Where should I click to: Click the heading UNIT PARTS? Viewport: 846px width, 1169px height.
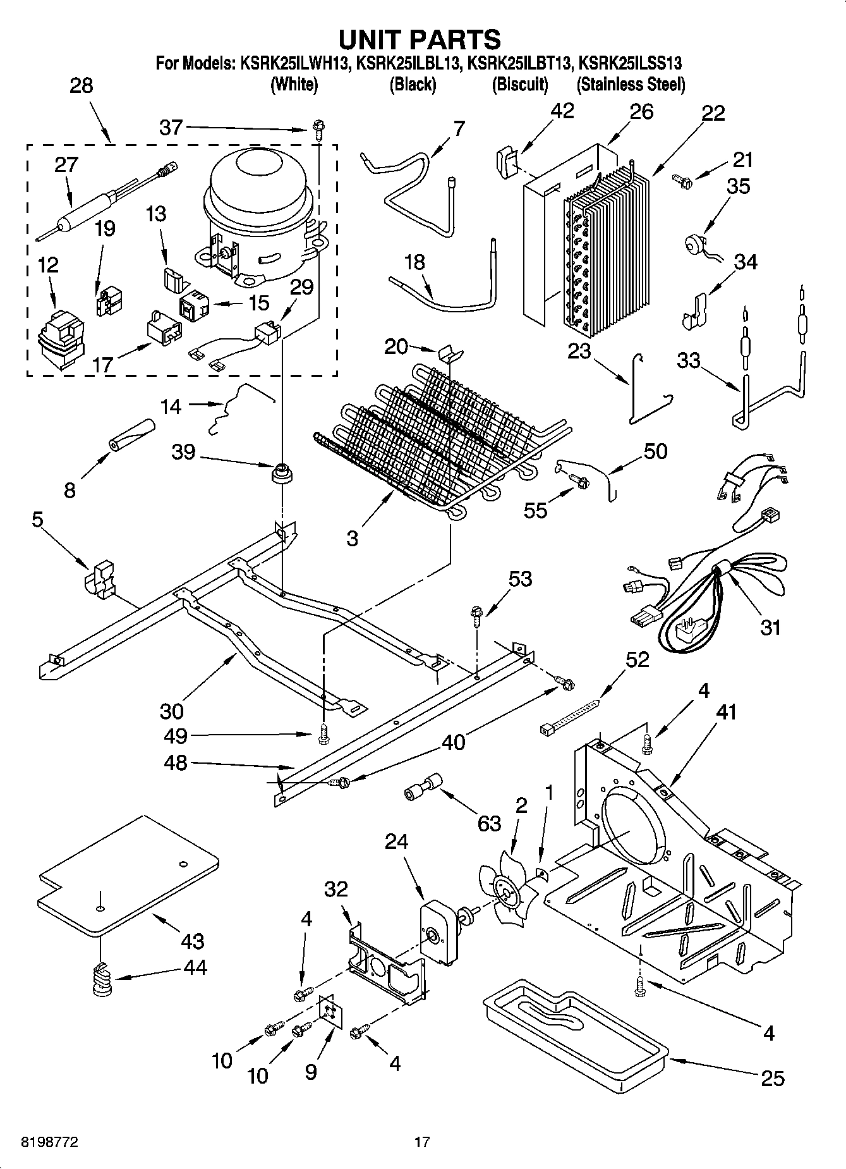[420, 39]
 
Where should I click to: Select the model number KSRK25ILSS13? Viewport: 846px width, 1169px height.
[630, 63]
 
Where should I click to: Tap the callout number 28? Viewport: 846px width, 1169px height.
[81, 85]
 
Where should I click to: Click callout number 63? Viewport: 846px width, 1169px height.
[490, 824]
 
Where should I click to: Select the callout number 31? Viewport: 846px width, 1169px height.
[771, 627]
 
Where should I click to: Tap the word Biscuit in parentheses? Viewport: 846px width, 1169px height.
[519, 85]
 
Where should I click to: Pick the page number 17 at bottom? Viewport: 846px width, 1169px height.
[421, 1142]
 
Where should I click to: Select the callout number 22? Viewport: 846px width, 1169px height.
[713, 113]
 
